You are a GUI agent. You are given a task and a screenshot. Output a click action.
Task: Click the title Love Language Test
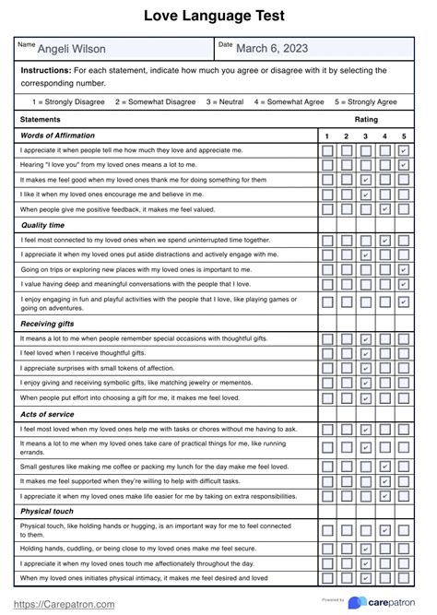(218, 16)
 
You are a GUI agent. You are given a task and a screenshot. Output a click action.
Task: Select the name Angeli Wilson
(71, 49)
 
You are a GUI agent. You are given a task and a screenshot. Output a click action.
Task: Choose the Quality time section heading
(43, 224)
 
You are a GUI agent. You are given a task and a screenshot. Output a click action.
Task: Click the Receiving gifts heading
(48, 325)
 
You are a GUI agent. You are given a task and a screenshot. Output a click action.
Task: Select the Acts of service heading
(47, 414)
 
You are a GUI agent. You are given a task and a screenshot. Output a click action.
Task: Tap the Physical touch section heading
(47, 509)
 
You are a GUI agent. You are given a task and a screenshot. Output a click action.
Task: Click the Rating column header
(365, 120)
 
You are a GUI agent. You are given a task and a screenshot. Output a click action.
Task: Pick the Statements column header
(41, 120)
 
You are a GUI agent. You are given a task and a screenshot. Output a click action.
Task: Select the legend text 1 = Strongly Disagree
(69, 101)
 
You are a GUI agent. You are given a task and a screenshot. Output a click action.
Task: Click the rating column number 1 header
(326, 136)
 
